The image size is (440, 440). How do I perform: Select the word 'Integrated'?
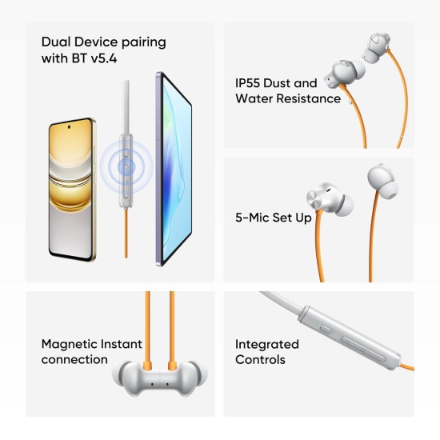click(266, 344)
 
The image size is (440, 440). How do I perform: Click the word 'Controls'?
click(259, 359)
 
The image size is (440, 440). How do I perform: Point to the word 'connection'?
click(74, 359)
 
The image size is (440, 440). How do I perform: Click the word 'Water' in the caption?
click(254, 98)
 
